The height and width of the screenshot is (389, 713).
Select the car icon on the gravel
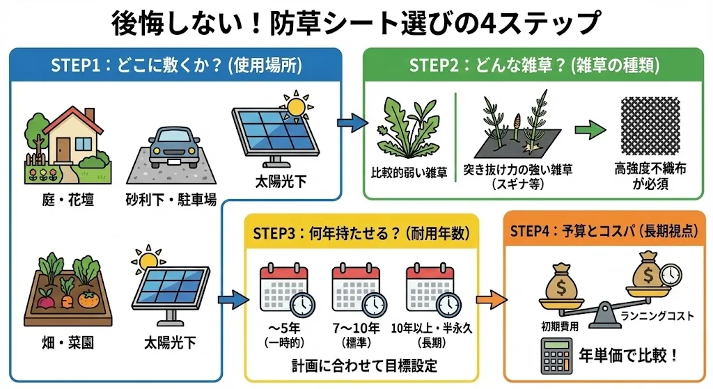point(171,148)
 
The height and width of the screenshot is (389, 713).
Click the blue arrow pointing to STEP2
point(352,124)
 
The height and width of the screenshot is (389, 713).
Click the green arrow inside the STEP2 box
point(589,128)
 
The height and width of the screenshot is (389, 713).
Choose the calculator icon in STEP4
point(554,356)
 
